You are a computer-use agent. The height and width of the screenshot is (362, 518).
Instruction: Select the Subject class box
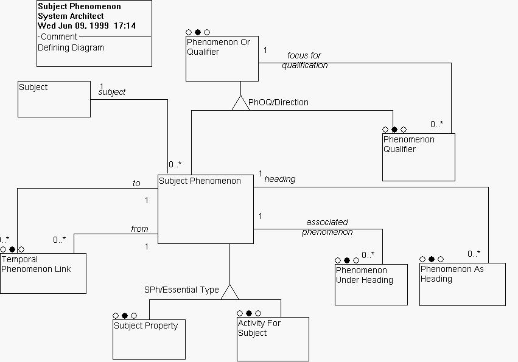click(54, 99)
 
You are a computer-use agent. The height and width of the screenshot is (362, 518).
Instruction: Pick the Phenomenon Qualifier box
click(418, 157)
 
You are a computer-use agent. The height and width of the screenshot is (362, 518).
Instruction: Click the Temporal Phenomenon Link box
click(43, 273)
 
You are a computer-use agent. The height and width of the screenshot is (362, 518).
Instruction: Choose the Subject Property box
click(149, 339)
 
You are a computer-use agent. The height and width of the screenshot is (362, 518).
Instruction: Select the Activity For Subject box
click(273, 339)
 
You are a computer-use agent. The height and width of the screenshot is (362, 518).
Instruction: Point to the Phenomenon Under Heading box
click(371, 284)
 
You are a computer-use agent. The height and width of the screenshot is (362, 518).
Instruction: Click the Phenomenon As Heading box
click(463, 284)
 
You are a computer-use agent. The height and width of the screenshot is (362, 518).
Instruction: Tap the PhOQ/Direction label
click(278, 102)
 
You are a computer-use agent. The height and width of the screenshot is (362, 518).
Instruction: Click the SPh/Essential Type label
click(181, 290)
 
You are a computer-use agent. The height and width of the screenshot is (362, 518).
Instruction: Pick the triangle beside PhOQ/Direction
click(240, 103)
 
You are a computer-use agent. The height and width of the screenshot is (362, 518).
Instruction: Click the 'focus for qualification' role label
click(304, 60)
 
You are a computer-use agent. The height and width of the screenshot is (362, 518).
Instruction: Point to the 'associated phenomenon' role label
click(327, 227)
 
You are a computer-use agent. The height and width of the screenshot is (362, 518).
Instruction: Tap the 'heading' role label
click(280, 179)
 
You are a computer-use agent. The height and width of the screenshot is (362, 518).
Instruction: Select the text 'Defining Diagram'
click(71, 47)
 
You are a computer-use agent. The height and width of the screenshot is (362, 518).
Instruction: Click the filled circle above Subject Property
click(125, 316)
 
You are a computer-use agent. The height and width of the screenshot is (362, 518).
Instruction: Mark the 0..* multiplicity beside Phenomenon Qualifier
click(437, 124)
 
